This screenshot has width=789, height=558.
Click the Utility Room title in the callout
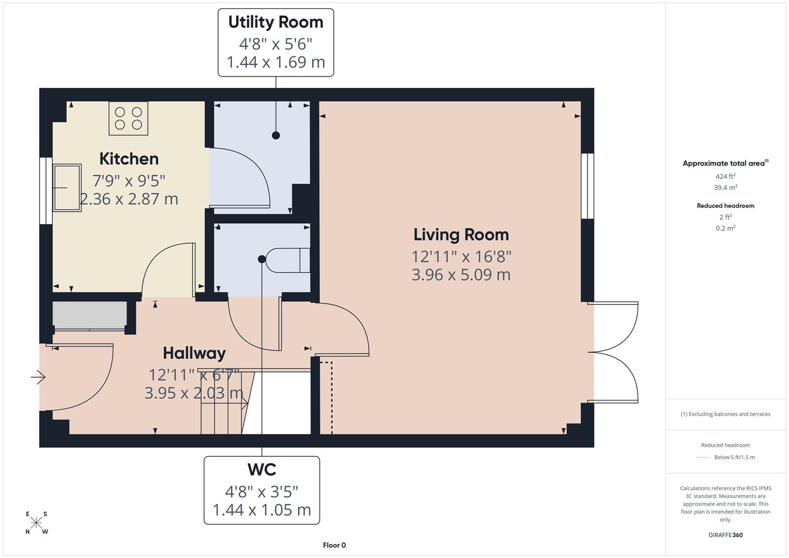275,22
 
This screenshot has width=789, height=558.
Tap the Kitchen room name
129,159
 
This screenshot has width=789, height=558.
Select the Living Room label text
461,235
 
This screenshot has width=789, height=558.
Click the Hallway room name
194,353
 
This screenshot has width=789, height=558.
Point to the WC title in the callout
261,470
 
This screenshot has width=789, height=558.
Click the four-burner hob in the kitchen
128,118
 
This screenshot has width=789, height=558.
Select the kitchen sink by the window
67,188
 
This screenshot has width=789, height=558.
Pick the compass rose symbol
36,522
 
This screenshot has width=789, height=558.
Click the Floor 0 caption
334,545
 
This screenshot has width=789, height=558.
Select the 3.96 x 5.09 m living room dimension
461,275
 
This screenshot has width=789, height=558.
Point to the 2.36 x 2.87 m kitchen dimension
129,199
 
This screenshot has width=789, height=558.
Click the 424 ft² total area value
725,176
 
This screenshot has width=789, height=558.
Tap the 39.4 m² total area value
725,188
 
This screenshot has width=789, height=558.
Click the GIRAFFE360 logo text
725,535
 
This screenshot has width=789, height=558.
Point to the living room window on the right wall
587,186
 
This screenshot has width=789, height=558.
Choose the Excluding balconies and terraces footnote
725,414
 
